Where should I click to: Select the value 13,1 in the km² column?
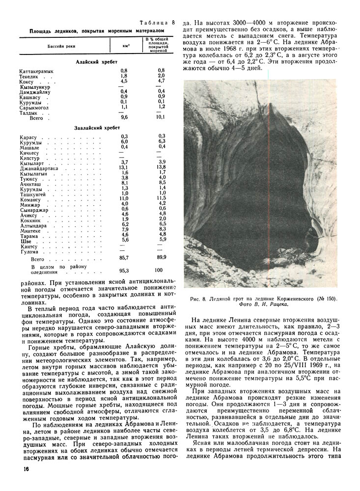click(x=124, y=167)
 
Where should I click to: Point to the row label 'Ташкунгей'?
click(x=33, y=194)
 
